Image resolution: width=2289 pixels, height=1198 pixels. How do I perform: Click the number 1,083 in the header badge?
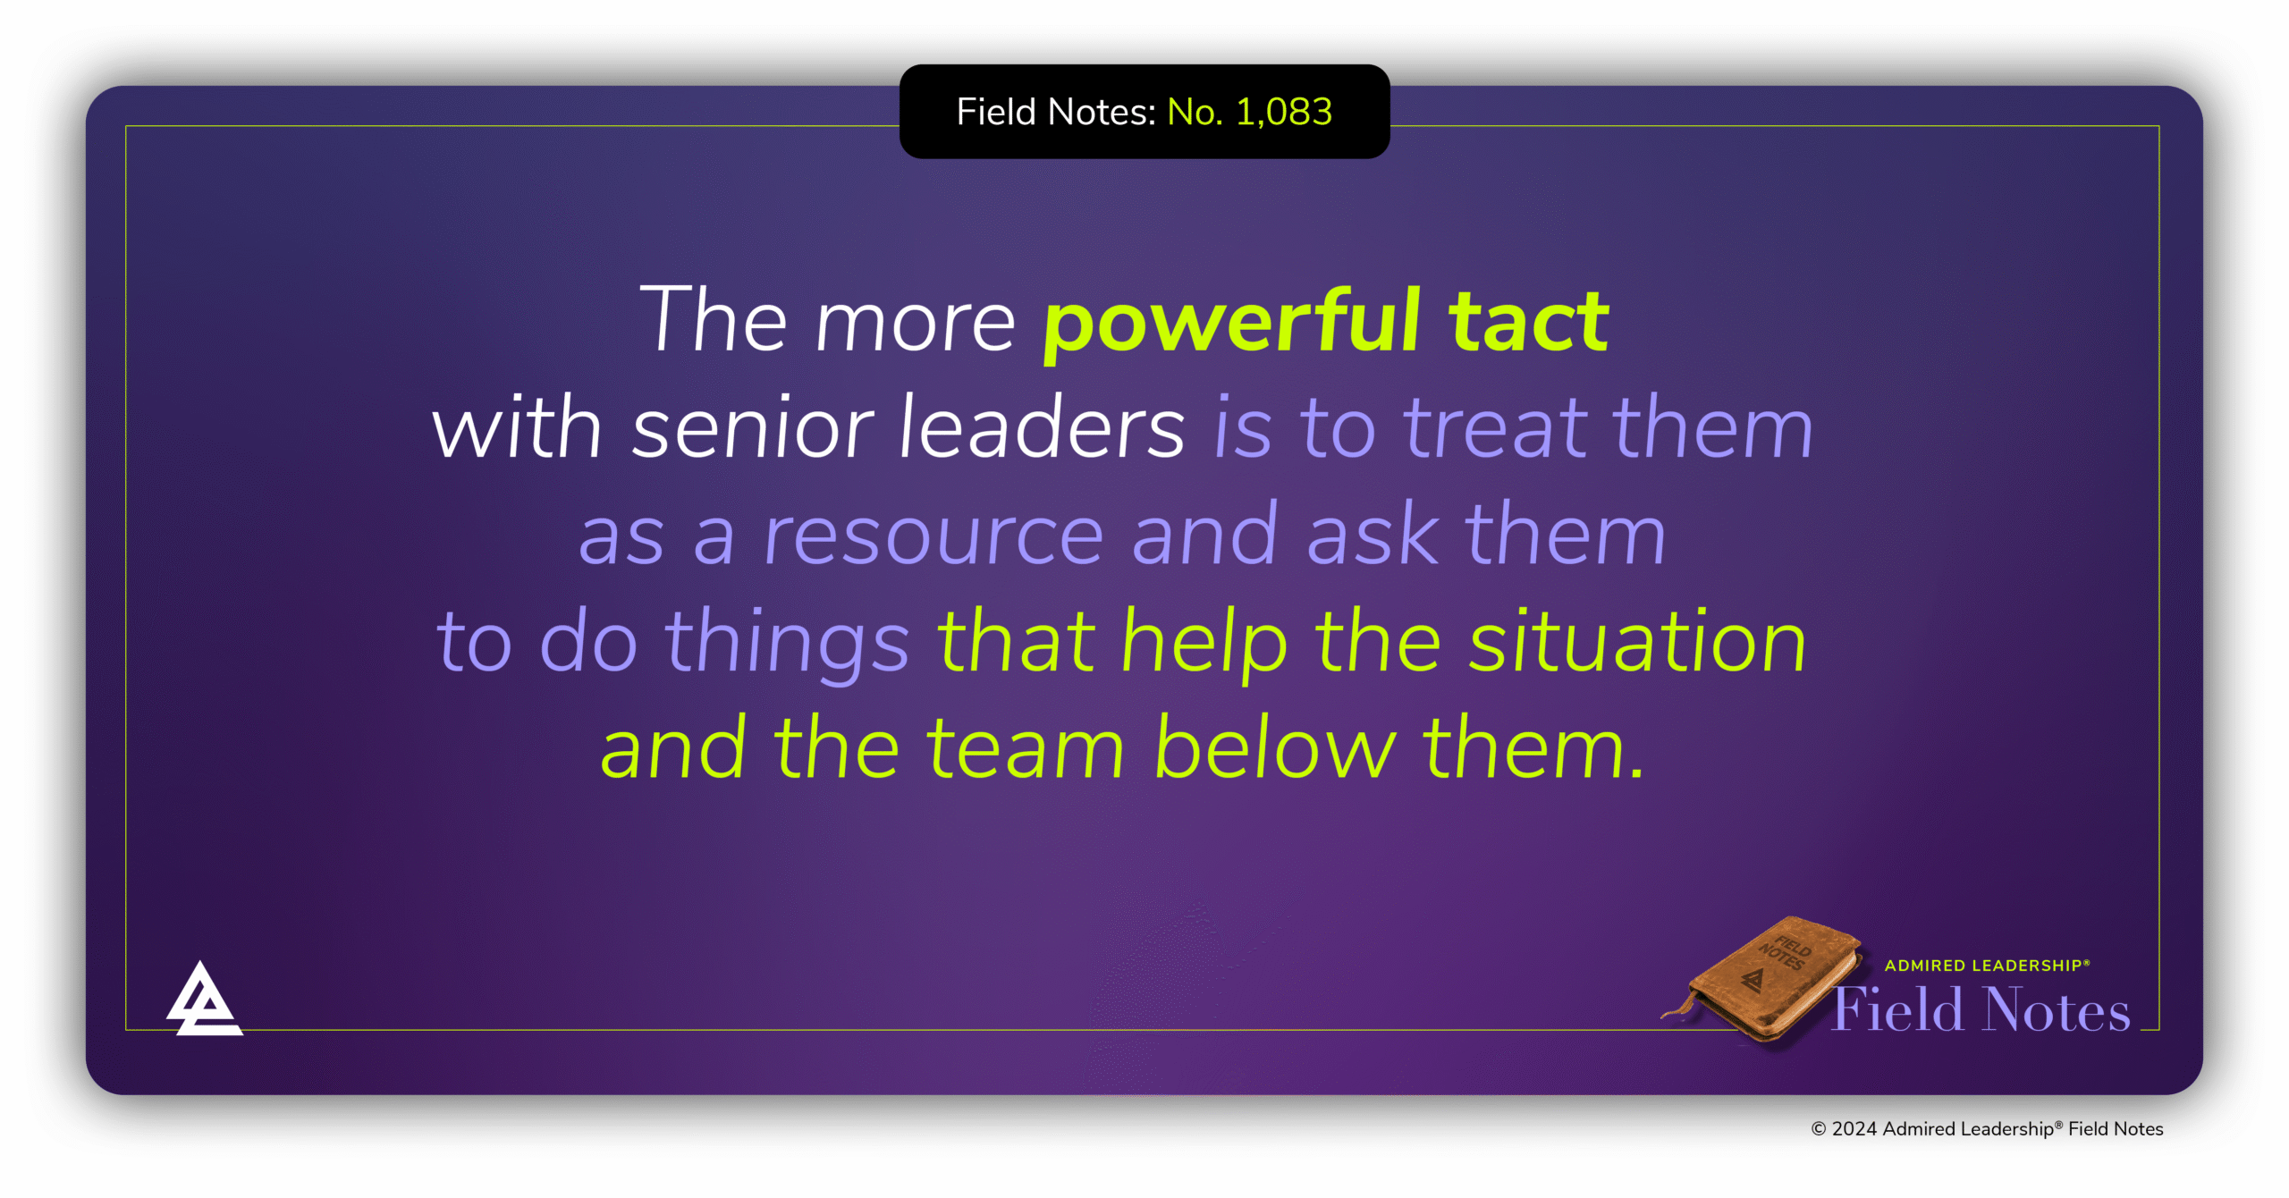[x=1284, y=113]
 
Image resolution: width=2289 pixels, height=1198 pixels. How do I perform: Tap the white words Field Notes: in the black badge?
[x=1056, y=113]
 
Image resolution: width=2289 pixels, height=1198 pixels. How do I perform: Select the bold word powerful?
[x=1232, y=324]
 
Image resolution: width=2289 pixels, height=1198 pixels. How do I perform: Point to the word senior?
[x=752, y=429]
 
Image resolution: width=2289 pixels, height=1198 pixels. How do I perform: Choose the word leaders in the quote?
[x=1042, y=429]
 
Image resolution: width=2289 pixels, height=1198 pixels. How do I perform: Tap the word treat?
[x=1494, y=429]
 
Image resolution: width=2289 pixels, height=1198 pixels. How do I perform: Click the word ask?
[x=1373, y=536]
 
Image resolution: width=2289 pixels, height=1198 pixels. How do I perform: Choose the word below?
[x=1274, y=749]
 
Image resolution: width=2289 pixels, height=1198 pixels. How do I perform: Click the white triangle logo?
[x=204, y=1001]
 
